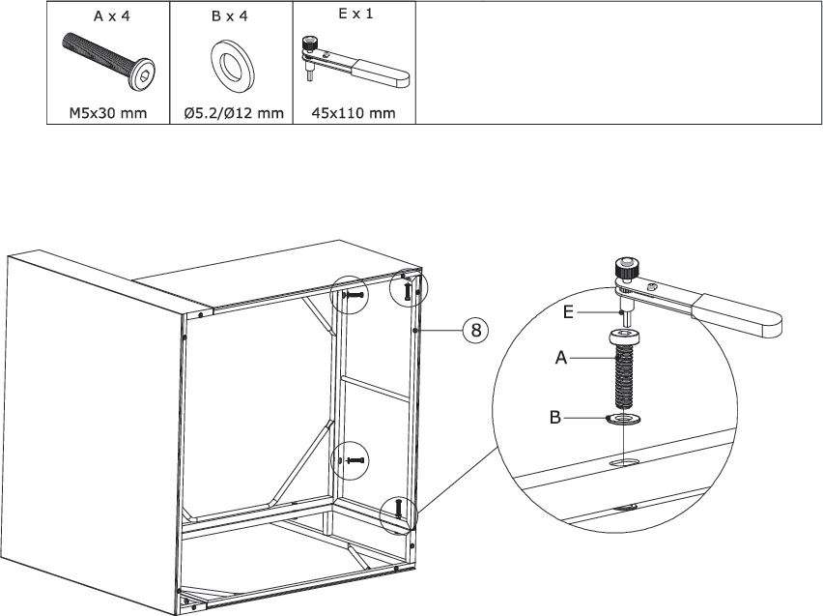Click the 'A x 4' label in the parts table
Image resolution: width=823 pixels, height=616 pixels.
(111, 16)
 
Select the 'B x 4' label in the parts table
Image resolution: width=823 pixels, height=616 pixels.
(229, 16)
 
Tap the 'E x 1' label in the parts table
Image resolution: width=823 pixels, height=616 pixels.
(355, 15)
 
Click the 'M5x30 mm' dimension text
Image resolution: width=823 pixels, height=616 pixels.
(108, 113)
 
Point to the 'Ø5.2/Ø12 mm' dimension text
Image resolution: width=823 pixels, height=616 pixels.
(234, 113)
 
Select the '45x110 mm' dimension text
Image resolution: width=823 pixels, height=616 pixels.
(354, 113)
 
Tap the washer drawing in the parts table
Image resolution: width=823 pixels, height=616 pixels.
(233, 64)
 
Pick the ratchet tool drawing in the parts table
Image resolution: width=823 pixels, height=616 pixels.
(355, 62)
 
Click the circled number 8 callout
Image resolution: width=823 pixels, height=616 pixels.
(475, 330)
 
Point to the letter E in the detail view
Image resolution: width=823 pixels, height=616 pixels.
(568, 312)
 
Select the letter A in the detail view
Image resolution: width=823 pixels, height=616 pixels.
(561, 358)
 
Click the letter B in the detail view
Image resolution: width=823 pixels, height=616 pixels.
(554, 418)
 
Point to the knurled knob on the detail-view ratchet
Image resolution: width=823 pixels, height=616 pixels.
(626, 269)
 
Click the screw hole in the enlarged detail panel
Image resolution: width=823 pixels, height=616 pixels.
(623, 462)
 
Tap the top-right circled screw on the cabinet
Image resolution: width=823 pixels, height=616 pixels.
(408, 291)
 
